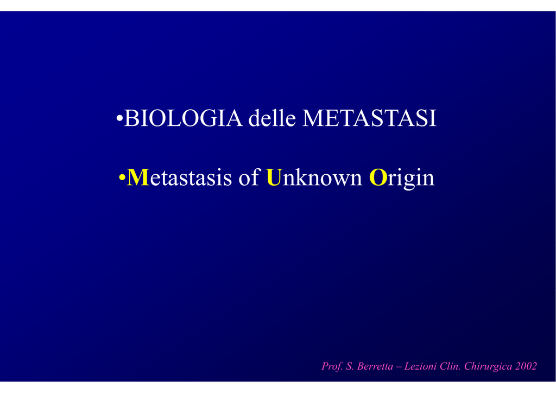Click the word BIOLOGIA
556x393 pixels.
(184, 118)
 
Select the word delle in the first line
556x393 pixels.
(272, 118)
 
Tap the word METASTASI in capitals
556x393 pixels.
(369, 118)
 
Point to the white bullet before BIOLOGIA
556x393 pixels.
(119, 118)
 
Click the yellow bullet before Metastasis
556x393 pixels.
(122, 178)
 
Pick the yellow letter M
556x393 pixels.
(137, 177)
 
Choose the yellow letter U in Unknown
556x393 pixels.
(274, 177)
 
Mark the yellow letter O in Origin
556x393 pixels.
(378, 177)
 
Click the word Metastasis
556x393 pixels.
(179, 177)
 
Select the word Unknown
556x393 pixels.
(314, 176)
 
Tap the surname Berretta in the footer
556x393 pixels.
(375, 366)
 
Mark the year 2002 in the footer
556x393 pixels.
(527, 366)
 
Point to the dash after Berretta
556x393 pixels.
(399, 367)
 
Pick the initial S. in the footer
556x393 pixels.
(350, 366)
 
